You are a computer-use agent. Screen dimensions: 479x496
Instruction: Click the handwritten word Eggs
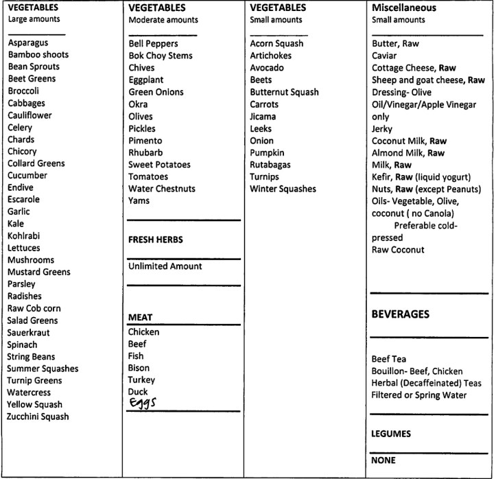[143, 404]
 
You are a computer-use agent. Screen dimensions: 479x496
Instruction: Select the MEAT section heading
[140, 318]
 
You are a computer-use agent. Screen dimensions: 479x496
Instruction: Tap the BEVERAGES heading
[401, 314]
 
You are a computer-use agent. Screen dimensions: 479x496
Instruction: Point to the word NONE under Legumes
[383, 460]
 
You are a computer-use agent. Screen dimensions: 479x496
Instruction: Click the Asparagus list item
[28, 43]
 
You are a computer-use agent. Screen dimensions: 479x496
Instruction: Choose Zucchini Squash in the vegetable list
[38, 417]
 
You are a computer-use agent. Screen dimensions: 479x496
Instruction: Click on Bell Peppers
[153, 44]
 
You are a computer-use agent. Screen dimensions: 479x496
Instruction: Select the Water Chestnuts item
[161, 189]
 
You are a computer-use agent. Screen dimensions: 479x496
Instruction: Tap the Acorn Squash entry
[276, 44]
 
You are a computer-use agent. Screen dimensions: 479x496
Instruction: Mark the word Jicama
[263, 116]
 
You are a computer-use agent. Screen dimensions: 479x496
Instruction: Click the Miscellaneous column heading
[404, 8]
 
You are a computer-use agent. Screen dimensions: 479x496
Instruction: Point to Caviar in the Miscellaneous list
[384, 56]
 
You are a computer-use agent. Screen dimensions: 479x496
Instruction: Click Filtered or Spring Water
[419, 395]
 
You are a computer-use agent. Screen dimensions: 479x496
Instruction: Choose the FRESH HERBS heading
[156, 240]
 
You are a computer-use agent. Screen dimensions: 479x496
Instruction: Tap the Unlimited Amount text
[165, 266]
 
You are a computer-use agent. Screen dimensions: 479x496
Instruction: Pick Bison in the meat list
[139, 368]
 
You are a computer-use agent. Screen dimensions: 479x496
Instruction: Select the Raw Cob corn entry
[34, 308]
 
